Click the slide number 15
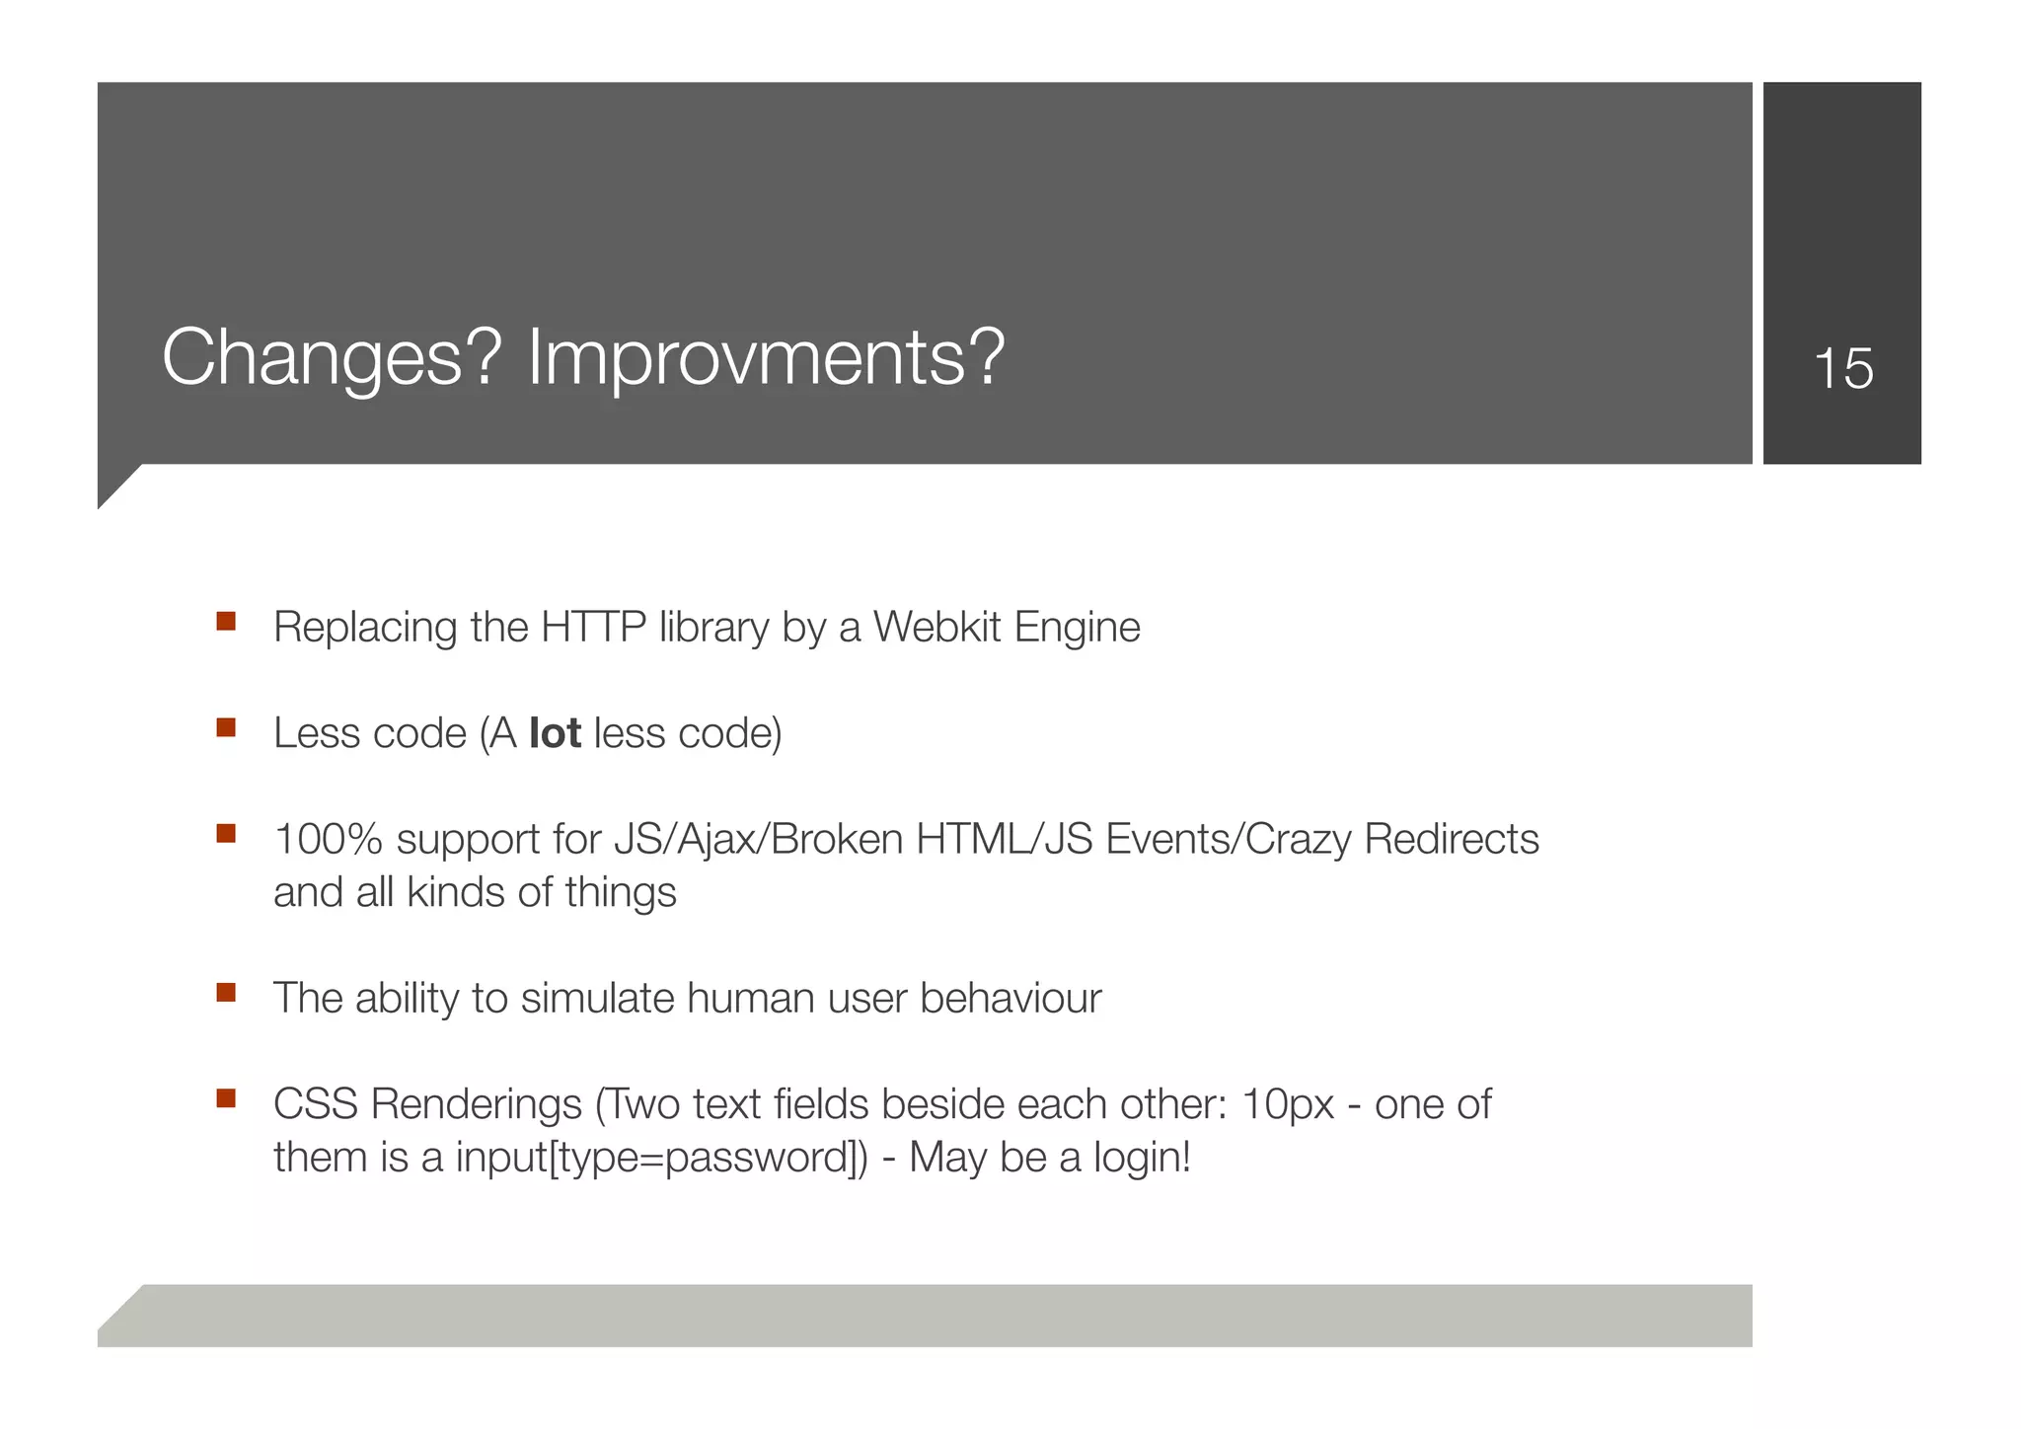pyautogui.click(x=1842, y=369)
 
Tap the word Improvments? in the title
pyautogui.click(x=766, y=357)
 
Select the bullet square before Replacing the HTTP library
pyautogui.click(x=226, y=622)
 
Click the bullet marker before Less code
pyautogui.click(x=226, y=728)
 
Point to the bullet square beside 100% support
pyautogui.click(x=226, y=834)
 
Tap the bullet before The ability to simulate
pyautogui.click(x=226, y=993)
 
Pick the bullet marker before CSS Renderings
pyautogui.click(x=226, y=1098)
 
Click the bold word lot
pyautogui.click(x=555, y=733)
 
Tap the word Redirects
pyautogui.click(x=1451, y=840)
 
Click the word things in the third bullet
pyautogui.click(x=621, y=893)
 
